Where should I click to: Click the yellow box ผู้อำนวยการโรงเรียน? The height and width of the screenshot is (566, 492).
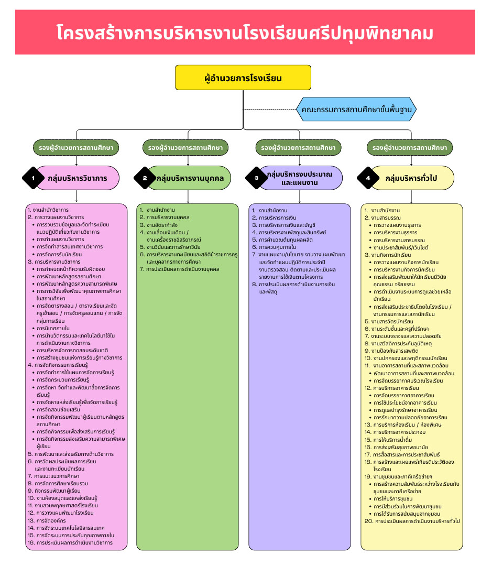243,78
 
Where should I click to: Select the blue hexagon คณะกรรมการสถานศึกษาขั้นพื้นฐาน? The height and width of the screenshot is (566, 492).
356,110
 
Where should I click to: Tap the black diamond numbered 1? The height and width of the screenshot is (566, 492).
33,178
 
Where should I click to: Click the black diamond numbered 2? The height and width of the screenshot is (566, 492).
145,178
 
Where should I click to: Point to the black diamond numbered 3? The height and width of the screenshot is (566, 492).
257,178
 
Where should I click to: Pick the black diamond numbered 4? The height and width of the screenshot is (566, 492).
368,178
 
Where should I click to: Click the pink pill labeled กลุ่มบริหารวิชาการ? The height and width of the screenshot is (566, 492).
84,178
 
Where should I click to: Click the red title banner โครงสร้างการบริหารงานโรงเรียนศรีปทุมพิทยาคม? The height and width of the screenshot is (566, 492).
245,32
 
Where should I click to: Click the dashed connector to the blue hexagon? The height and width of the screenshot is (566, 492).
270,110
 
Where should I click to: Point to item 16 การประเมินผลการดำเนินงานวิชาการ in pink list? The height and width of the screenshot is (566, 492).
74,542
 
